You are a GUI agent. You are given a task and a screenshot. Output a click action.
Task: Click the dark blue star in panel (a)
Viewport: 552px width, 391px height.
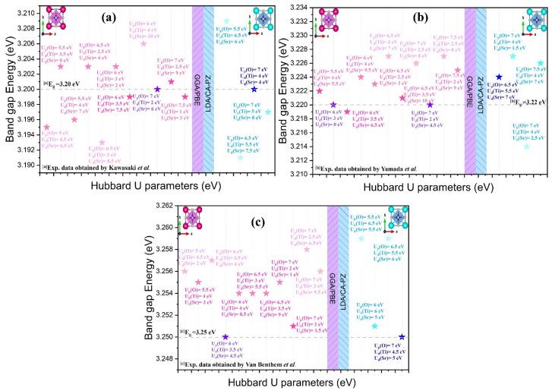pos(254,90)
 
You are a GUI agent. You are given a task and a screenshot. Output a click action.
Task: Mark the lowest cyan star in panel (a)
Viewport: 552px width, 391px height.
pos(241,157)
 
